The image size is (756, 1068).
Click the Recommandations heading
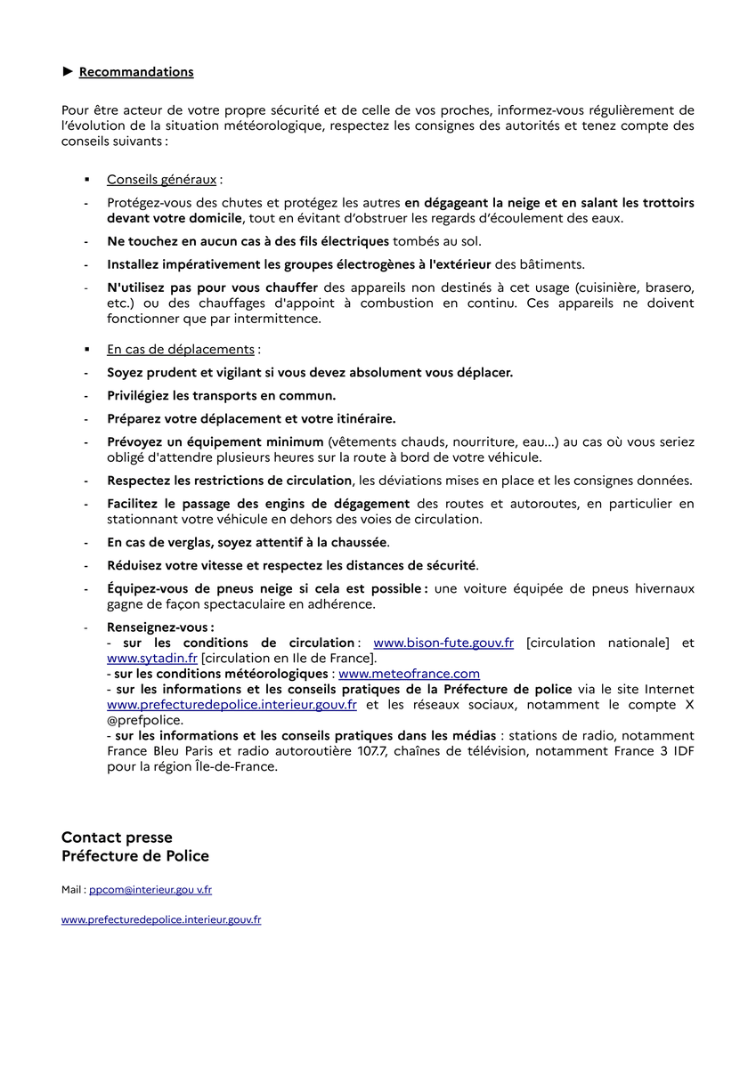136,72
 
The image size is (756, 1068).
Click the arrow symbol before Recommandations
67,72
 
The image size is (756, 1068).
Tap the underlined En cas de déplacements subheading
181,350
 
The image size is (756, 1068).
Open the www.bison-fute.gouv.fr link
443,643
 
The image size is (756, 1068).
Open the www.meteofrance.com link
409,674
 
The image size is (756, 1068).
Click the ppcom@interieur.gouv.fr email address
150,889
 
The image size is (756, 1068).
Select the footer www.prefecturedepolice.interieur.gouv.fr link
161,919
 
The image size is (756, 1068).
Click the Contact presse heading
117,837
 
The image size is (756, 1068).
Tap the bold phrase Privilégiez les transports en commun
222,396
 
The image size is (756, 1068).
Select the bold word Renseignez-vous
159,627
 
